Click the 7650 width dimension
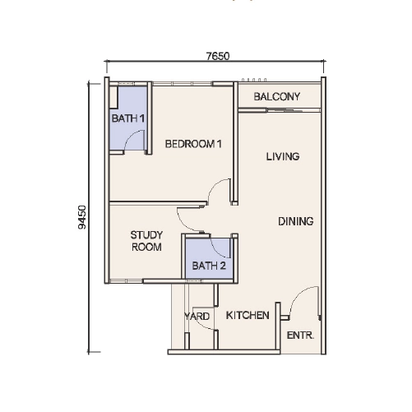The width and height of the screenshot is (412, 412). coord(218,56)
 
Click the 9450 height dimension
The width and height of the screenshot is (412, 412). coord(82,217)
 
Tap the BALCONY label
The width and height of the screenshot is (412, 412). coord(277,96)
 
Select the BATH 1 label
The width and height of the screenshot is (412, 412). coord(128,118)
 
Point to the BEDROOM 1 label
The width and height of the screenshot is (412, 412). coord(193,144)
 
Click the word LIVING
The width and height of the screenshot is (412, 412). coord(283,156)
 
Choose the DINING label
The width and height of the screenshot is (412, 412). coord(296,221)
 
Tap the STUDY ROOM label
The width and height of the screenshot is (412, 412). coord(146,241)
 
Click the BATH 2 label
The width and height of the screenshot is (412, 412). coord(209,266)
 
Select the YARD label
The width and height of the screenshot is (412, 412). coord(197,317)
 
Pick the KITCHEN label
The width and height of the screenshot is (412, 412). coord(248,315)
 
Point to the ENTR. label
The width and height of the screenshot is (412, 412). coord(300,336)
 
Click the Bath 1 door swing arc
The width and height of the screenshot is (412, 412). coord(130,136)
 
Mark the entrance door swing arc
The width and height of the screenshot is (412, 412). coord(297,294)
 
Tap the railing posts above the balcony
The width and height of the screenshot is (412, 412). coord(254,80)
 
